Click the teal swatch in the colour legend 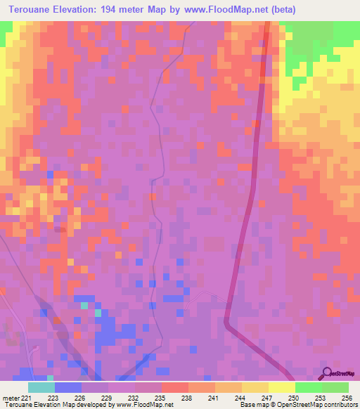pyautogui.click(x=41, y=387)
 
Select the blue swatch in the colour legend pyautogui.click(x=67, y=387)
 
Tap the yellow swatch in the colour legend pyautogui.click(x=281, y=387)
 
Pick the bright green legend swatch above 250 pyautogui.click(x=308, y=387)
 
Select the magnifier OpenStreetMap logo pyautogui.click(x=328, y=374)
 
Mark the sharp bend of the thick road pyautogui.click(x=226, y=323)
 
